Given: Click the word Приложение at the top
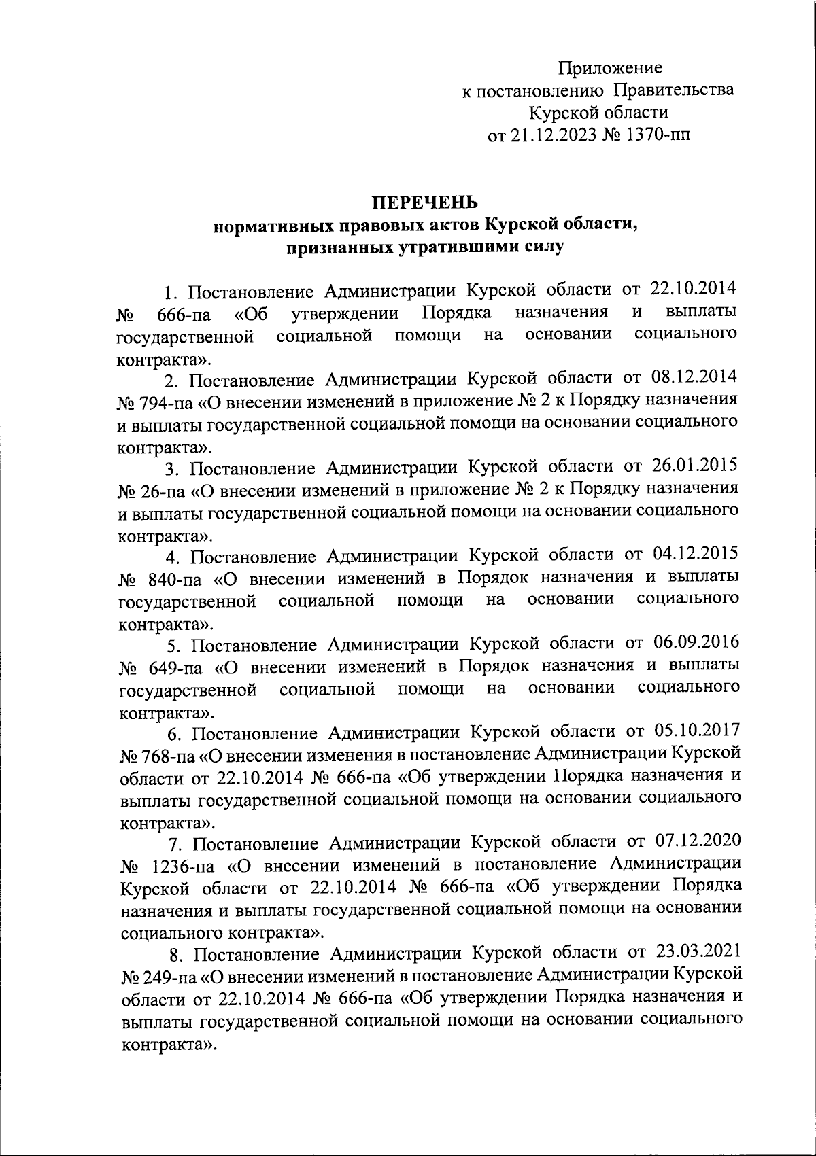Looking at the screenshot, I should tap(610, 69).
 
